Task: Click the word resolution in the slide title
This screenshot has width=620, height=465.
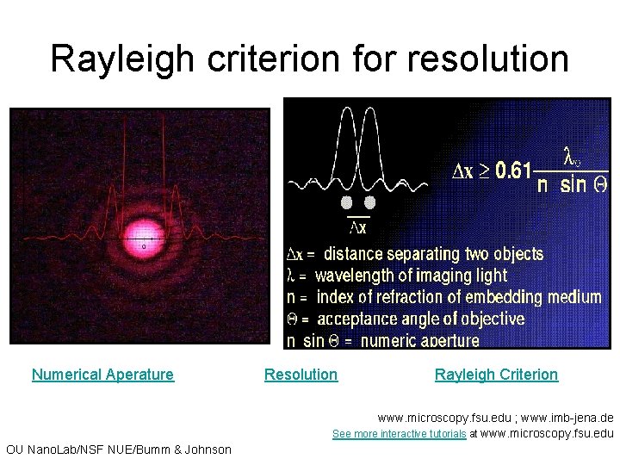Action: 487,59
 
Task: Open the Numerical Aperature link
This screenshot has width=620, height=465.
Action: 102,375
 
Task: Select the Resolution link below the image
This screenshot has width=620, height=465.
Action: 301,375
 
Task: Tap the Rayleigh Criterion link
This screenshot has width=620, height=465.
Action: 496,375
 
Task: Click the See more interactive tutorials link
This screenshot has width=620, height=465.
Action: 399,434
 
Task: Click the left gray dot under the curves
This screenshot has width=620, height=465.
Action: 347,202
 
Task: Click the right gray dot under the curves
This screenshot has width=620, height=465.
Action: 370,202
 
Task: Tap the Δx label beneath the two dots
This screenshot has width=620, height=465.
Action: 358,227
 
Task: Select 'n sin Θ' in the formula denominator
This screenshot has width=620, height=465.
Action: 572,184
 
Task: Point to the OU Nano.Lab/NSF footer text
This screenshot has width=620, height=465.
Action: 118,449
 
